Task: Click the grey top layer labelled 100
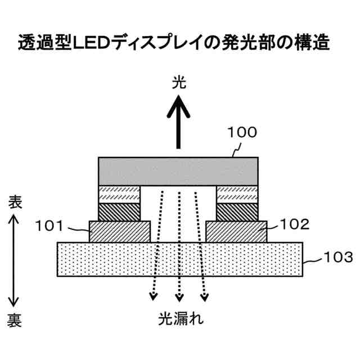(178, 170)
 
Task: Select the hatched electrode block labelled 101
(120, 231)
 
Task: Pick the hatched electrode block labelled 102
(237, 231)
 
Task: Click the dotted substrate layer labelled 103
(179, 259)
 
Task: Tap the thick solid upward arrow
(179, 121)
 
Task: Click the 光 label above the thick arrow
(179, 84)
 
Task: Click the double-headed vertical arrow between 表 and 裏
(15, 262)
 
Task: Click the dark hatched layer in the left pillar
(119, 212)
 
